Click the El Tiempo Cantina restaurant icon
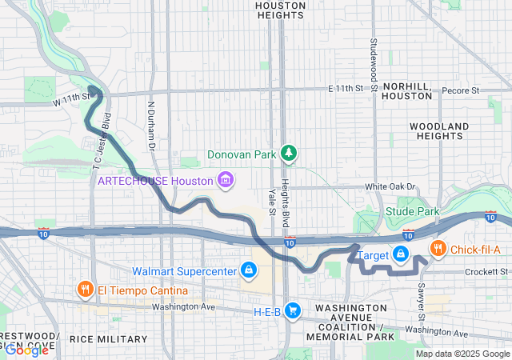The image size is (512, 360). point(84,289)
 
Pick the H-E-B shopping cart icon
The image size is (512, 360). point(294,310)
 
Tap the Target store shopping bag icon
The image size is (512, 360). point(401,254)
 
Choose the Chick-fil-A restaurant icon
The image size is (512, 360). point(438,250)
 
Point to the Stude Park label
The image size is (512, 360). point(413,212)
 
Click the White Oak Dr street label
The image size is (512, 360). point(391,186)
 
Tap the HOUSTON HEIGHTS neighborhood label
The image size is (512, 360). point(279,10)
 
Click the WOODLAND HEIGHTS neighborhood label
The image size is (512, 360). point(438,131)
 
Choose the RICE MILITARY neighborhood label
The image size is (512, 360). point(108,339)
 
